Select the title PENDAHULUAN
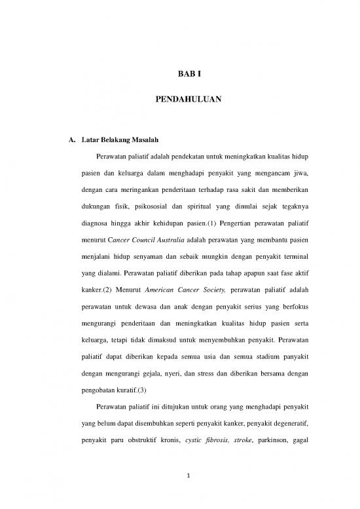point(179,100)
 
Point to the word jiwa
point(299,159)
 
